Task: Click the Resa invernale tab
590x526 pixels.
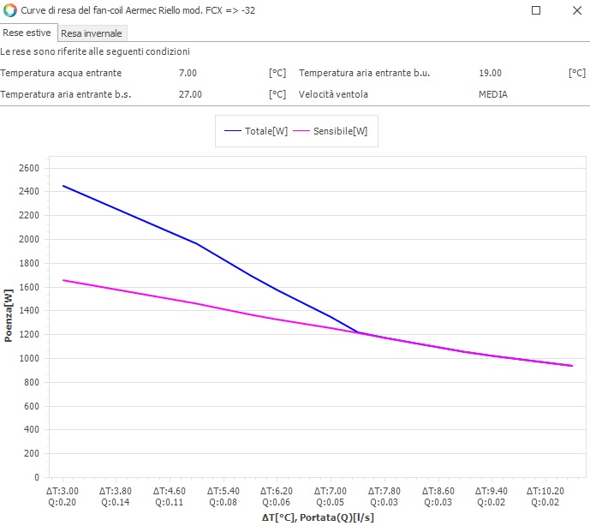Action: (x=92, y=33)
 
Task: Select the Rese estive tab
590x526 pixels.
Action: (x=27, y=33)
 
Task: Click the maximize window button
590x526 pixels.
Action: (x=536, y=11)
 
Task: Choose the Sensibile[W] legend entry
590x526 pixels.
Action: (x=331, y=131)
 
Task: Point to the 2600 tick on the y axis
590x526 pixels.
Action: (x=29, y=168)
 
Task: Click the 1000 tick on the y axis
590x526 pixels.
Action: (x=29, y=359)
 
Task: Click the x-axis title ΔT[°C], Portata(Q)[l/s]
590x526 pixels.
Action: (x=318, y=517)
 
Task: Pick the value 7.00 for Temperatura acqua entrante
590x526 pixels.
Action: (x=188, y=74)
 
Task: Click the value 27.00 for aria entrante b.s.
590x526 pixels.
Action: (x=190, y=94)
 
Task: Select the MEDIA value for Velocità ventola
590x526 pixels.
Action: (x=492, y=94)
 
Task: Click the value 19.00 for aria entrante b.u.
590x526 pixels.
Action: (x=490, y=74)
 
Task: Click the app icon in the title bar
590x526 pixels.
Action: (x=10, y=11)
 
